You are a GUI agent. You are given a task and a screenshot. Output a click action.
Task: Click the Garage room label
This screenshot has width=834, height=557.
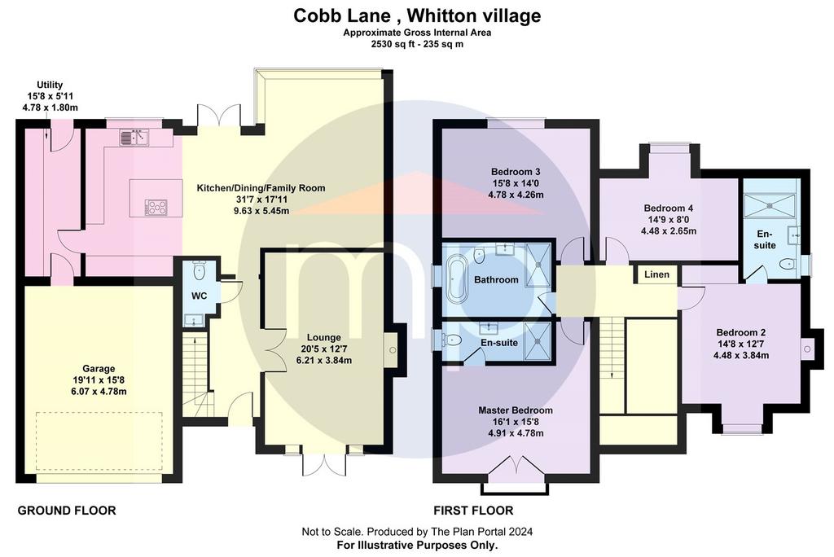pyautogui.click(x=99, y=368)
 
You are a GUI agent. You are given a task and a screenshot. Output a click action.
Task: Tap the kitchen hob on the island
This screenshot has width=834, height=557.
pyautogui.click(x=156, y=207)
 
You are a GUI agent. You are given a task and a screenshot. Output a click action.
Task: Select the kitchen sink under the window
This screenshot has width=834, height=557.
pyautogui.click(x=134, y=138)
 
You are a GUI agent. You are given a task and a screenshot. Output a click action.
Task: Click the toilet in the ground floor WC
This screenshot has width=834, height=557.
pyautogui.click(x=200, y=271)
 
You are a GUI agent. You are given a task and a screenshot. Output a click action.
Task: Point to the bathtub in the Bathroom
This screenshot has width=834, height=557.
pyautogui.click(x=455, y=278)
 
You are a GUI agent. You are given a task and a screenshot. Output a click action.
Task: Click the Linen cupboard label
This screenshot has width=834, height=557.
pyautogui.click(x=657, y=274)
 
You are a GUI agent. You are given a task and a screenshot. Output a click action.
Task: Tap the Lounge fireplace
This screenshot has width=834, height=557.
pyautogui.click(x=392, y=350)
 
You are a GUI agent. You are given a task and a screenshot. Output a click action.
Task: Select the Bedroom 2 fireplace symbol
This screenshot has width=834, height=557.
pyautogui.click(x=806, y=349)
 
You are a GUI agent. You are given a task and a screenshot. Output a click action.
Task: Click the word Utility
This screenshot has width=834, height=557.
pyautogui.click(x=50, y=85)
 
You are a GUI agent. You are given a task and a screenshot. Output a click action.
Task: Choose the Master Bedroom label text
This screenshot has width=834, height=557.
pyautogui.click(x=515, y=410)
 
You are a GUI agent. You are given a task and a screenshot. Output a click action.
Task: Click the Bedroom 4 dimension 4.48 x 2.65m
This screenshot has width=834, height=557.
pyautogui.click(x=669, y=231)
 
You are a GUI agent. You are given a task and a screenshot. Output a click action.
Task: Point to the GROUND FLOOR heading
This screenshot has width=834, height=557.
pyautogui.click(x=67, y=511)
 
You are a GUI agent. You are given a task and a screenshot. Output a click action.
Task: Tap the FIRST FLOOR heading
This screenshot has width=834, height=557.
pyautogui.click(x=473, y=511)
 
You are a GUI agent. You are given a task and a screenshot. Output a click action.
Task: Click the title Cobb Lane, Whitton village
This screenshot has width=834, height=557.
pyautogui.click(x=417, y=15)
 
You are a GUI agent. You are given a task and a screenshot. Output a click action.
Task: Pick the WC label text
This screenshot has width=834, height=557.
pyautogui.click(x=199, y=296)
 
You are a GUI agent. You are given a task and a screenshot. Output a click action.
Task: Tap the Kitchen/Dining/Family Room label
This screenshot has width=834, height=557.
pyautogui.click(x=261, y=188)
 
